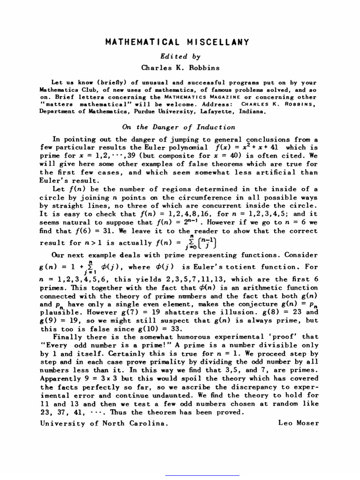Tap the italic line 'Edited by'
click(x=180, y=56)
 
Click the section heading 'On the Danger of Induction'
click(x=179, y=127)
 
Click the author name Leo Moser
click(x=298, y=423)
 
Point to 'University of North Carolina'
click(x=103, y=423)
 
